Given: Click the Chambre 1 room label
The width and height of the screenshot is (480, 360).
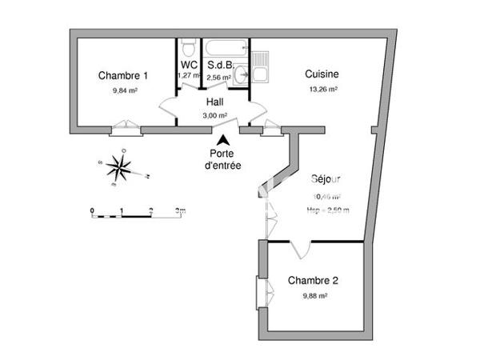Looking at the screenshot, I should tap(123, 76).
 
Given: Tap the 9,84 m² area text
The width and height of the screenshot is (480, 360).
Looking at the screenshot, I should tap(125, 90).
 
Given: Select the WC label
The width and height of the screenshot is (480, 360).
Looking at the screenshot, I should tap(189, 65).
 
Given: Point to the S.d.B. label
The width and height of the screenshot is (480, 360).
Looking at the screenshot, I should tap(219, 65).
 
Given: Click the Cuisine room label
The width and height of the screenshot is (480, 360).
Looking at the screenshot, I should tap(321, 74).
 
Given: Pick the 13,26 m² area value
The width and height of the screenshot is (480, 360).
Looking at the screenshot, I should tap(322, 90).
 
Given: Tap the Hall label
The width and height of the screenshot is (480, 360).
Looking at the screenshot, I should tap(214, 102).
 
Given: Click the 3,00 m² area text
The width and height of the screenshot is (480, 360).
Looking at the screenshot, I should tap(214, 116).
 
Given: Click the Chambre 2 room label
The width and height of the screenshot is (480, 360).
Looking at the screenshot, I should tap(313, 281).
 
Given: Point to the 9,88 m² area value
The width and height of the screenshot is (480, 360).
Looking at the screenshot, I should tap(315, 295).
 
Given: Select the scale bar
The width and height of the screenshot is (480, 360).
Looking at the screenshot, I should tap(137, 213).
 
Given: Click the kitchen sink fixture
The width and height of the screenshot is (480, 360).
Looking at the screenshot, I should tap(261, 69).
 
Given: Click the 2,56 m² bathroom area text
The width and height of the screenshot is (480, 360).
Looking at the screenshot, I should tap(218, 78).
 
